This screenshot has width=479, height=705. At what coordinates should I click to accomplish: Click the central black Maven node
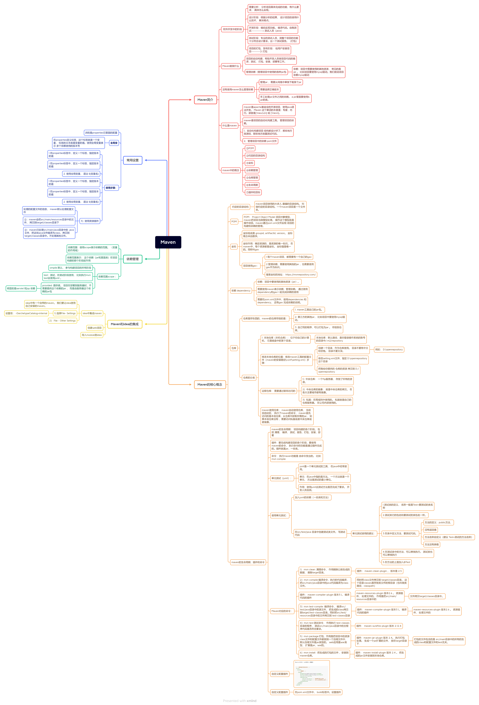pyautogui.click(x=168, y=242)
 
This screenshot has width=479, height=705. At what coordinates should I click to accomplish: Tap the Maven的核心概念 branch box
pyautogui.click(x=210, y=384)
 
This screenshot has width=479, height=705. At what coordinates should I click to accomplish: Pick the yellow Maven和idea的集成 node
pyautogui.click(x=124, y=324)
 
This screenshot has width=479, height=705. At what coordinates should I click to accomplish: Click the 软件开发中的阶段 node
pyautogui.click(x=232, y=29)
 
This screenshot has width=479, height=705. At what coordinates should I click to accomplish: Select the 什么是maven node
pyautogui.click(x=229, y=125)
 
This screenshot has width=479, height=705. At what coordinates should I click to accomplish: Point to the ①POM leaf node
pyautogui.click(x=250, y=148)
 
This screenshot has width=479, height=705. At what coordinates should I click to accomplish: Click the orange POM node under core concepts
pyautogui.click(x=234, y=221)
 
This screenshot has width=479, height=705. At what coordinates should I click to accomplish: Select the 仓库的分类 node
pyautogui.click(x=249, y=378)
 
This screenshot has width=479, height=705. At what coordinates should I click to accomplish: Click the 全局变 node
pyautogui.click(x=114, y=143)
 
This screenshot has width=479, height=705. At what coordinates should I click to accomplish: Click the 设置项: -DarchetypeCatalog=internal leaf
pyautogui.click(x=26, y=313)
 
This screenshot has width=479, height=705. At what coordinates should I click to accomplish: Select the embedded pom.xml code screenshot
pyautogui.click(x=311, y=674)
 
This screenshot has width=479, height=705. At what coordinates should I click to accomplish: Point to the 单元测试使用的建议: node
pyautogui.click(x=363, y=533)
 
